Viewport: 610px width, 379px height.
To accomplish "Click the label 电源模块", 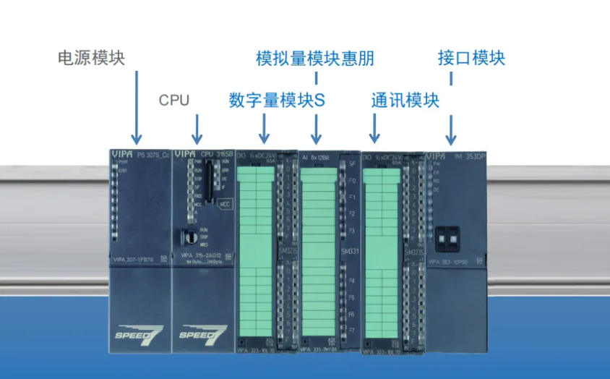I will [x=91, y=58].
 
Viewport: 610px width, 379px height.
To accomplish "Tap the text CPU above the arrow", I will [x=174, y=100].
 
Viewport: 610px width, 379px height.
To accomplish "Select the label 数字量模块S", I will [x=278, y=101].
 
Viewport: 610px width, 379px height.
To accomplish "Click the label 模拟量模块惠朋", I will [x=315, y=58].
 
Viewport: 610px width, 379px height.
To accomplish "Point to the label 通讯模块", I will [x=405, y=101].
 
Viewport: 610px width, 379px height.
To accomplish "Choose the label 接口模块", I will [x=471, y=58].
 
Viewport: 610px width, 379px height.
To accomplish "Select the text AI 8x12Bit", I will [x=316, y=156].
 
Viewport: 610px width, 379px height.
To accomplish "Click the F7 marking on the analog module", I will [x=351, y=330].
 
